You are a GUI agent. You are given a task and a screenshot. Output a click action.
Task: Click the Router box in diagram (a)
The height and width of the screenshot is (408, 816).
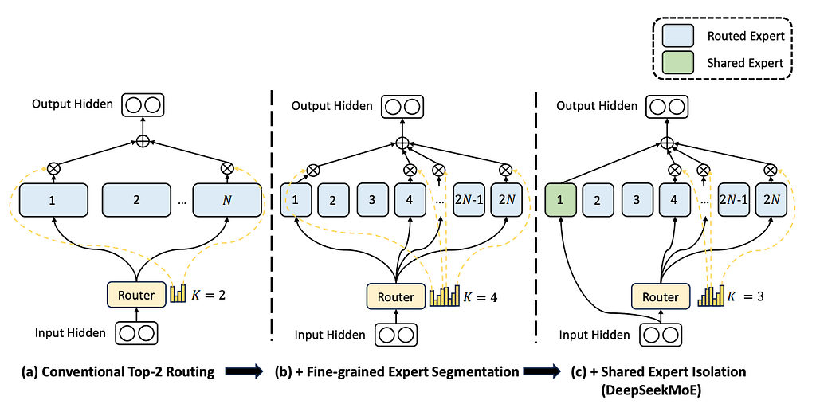tap(136, 295)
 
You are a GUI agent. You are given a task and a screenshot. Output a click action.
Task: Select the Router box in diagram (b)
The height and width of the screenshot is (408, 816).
tap(396, 296)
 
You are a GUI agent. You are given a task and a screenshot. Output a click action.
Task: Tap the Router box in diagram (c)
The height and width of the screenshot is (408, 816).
tap(661, 296)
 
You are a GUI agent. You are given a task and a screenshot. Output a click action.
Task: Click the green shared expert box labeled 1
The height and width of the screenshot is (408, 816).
tap(560, 201)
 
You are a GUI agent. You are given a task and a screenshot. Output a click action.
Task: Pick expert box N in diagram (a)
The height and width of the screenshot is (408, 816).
tap(228, 200)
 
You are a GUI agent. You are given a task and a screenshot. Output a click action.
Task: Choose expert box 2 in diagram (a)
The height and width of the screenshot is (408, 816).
tap(136, 200)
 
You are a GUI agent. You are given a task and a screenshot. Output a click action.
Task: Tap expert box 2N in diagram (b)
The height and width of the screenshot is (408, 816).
tap(507, 201)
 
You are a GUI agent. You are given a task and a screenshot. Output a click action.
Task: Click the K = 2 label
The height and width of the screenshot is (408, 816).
tap(209, 294)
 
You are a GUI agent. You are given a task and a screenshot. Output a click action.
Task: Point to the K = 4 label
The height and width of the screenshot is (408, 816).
tap(483, 297)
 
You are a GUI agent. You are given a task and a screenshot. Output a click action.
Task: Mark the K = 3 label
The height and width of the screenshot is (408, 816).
tap(751, 297)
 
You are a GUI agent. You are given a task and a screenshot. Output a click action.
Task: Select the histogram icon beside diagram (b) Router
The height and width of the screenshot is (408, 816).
tap(444, 296)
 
